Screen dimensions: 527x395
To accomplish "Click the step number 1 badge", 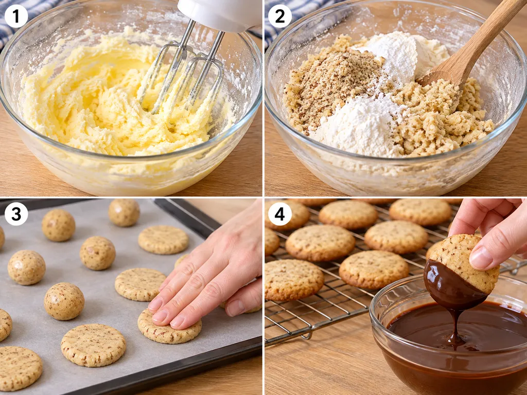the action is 16,16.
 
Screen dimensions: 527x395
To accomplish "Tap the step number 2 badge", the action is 280,16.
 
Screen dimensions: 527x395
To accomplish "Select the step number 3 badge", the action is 16,214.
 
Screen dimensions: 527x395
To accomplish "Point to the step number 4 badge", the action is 280,214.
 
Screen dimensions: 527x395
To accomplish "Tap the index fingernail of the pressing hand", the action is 156,304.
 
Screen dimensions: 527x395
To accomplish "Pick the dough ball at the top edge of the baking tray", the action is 124,212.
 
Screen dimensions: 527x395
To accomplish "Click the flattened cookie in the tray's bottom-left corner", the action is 20,368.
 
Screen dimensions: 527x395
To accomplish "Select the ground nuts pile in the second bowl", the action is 331,84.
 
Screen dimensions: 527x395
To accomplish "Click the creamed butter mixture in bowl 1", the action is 114,97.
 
